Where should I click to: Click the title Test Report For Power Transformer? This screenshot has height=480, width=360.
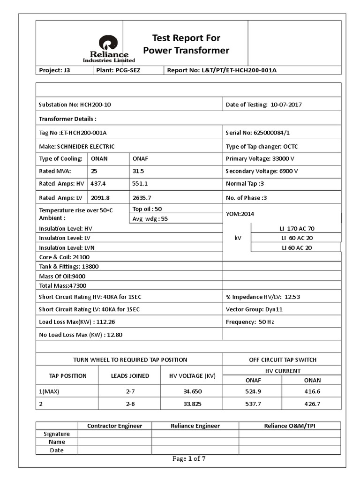tap(186, 44)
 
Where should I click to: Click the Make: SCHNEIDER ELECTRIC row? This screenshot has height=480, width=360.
tap(76, 146)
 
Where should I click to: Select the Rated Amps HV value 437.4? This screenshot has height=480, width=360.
tap(98, 184)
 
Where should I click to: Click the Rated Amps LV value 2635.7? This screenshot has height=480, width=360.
tap(142, 197)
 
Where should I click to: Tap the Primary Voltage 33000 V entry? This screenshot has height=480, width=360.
tap(260, 158)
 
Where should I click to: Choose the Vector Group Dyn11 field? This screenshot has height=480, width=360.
tap(254, 309)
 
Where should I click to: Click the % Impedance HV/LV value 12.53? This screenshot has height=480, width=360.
tap(292, 296)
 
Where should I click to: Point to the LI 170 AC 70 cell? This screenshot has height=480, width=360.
tap(298, 228)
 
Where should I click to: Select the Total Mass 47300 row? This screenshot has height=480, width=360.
tap(63, 285)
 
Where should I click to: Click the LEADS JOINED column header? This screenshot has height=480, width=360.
tap(130, 375)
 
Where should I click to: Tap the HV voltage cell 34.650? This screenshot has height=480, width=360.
tap(193, 390)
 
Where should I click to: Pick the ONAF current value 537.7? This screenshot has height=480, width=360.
tap(252, 404)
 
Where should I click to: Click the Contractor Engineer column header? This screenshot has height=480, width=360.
tap(114, 426)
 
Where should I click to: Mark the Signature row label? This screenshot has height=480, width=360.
tap(57, 434)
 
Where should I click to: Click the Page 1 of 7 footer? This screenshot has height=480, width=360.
tap(189, 459)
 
